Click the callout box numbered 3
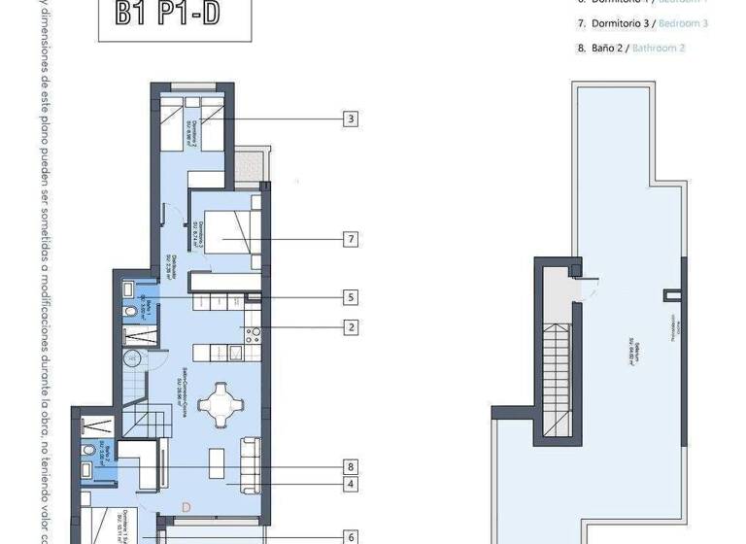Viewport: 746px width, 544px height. click(x=351, y=119)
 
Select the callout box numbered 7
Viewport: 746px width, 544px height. click(x=351, y=238)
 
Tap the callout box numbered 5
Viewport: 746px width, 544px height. click(x=351, y=297)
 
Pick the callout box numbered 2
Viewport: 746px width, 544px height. click(x=351, y=327)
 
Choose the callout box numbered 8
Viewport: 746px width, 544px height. click(x=351, y=466)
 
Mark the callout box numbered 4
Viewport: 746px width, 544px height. click(x=351, y=483)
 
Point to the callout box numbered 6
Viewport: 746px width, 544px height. click(x=351, y=535)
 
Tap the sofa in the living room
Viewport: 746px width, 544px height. click(x=250, y=462)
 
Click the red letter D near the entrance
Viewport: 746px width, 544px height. click(x=186, y=505)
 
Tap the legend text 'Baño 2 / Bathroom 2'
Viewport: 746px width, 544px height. click(x=631, y=48)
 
